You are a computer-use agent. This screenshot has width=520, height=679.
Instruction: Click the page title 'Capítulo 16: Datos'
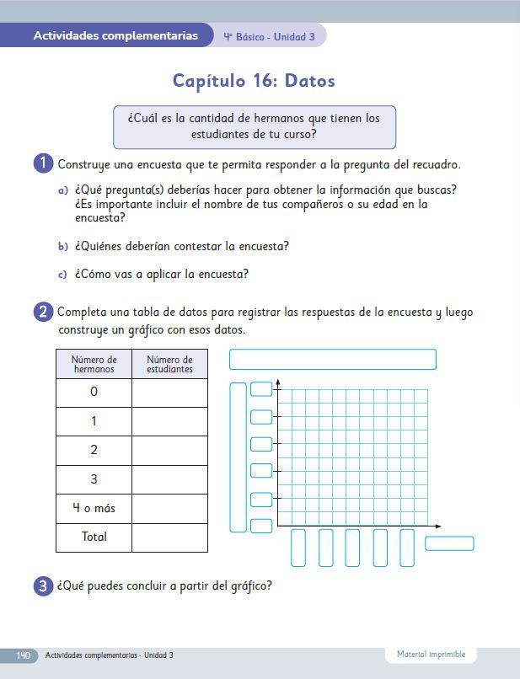(254, 82)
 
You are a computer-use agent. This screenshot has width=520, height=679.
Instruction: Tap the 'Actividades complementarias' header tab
(115, 36)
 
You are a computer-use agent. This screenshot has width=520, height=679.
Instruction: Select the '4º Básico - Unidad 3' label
(270, 37)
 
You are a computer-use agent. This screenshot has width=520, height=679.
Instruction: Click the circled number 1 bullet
(44, 163)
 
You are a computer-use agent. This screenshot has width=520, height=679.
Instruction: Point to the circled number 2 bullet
(44, 313)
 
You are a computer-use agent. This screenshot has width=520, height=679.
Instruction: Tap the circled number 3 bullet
(44, 586)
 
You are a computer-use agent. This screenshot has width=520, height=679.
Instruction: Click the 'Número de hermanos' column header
(94, 365)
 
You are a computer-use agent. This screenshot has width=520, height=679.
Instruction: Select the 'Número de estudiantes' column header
(169, 365)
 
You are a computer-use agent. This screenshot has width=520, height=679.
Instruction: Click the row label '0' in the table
(94, 392)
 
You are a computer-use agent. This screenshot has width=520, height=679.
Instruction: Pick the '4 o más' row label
(94, 508)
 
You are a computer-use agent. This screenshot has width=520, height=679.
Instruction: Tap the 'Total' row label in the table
(94, 537)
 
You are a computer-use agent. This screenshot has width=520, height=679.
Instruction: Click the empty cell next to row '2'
(169, 450)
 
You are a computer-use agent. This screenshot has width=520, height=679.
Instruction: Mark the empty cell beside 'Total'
(169, 537)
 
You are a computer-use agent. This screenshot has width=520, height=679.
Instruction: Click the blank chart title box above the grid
(332, 360)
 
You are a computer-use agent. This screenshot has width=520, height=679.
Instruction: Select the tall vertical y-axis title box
(239, 457)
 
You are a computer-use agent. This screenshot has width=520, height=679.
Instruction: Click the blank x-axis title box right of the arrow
(449, 543)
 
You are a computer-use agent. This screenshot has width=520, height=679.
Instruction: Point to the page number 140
(23, 655)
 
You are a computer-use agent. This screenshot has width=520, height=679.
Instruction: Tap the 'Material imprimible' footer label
(431, 655)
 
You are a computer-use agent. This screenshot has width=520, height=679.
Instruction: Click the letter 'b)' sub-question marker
(62, 247)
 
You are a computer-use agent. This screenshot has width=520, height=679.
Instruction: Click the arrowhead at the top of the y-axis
(278, 383)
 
